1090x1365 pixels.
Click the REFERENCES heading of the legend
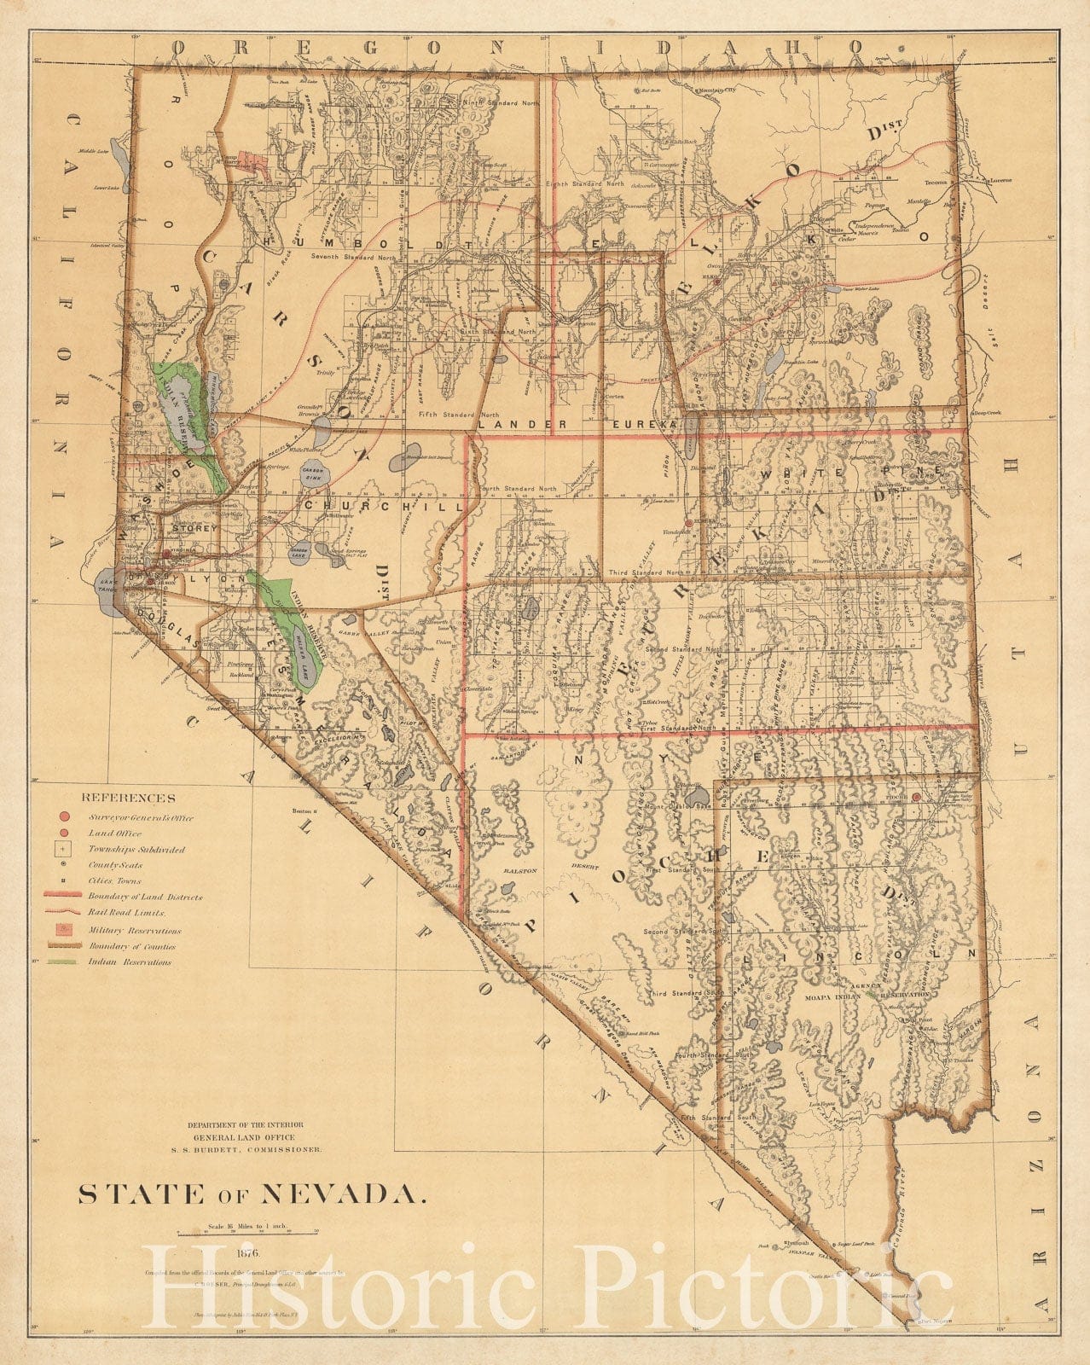click(128, 799)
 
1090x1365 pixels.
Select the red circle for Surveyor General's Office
click(65, 817)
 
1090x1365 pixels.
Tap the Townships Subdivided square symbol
click(65, 850)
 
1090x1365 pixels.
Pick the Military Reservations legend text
click(134, 931)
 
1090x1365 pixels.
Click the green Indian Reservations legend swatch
click(63, 961)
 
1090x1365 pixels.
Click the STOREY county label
click(194, 528)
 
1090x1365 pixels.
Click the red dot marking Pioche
click(915, 797)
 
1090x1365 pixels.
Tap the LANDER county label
click(510, 423)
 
